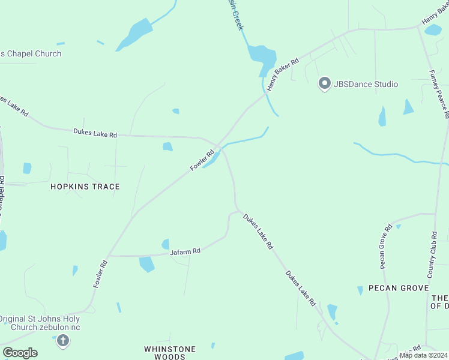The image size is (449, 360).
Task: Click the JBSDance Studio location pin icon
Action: (324, 84)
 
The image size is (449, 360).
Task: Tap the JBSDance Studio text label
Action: (366, 84)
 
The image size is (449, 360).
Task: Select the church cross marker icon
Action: (63, 341)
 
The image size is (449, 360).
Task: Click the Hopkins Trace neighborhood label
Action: (85, 187)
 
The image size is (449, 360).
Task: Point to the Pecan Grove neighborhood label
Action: (398, 288)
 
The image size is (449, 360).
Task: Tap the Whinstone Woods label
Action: (170, 353)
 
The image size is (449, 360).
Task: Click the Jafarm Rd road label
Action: (184, 252)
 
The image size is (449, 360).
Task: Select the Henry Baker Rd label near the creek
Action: (283, 75)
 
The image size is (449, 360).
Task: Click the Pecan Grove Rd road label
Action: (385, 246)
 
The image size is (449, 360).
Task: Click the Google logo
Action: (20, 353)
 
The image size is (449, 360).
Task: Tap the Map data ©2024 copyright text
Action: (423, 355)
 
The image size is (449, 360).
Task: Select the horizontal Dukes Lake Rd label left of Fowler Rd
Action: (95, 133)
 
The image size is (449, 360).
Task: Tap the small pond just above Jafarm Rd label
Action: (165, 244)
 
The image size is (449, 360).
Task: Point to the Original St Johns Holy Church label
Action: (40, 323)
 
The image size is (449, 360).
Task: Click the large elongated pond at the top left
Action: (136, 33)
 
